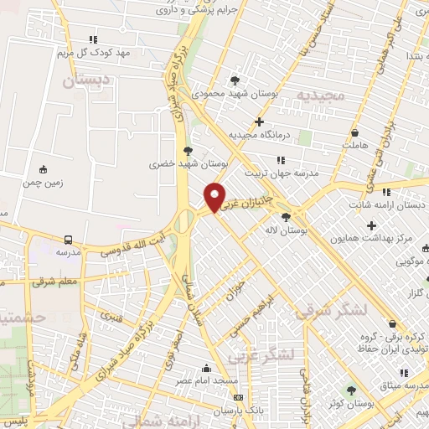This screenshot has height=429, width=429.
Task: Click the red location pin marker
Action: tap(215, 197)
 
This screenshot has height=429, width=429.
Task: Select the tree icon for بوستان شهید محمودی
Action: tap(234, 80)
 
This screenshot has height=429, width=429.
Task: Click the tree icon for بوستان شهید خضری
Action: tap(185, 151)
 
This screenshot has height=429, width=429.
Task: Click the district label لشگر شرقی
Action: tap(332, 309)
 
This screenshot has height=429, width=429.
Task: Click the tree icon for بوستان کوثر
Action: tap(350, 390)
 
